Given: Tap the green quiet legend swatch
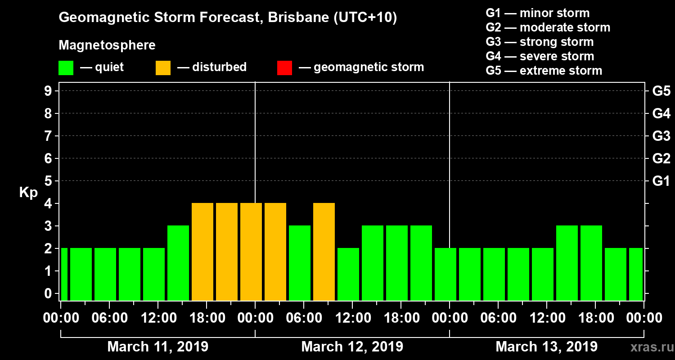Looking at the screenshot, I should tap(66, 67).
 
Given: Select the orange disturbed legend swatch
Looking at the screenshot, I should tap(163, 67).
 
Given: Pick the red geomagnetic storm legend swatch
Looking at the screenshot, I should tap(284, 67).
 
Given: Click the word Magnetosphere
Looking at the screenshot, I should tap(107, 45).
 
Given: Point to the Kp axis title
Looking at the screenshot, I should tap(28, 193).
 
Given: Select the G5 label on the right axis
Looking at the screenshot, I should tap(661, 91).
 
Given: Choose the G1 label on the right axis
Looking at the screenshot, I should tap(661, 181).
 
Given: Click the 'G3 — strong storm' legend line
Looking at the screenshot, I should tap(540, 42).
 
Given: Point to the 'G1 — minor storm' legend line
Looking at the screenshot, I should tap(537, 13).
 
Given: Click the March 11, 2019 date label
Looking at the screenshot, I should tap(157, 347).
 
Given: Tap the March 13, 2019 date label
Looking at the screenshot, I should tap(546, 347).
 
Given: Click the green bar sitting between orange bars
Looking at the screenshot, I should tap(300, 263).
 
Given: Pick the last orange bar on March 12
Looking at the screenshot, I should tap(324, 252).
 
